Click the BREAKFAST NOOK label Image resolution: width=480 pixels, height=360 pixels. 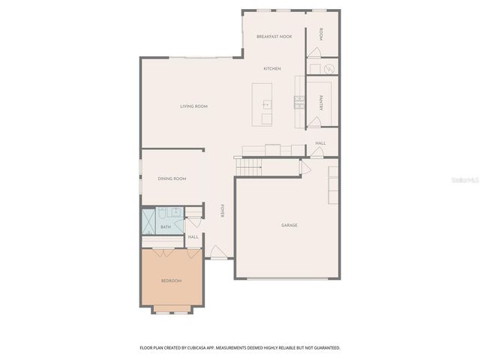point(274,37)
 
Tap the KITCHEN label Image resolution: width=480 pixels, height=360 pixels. point(272,69)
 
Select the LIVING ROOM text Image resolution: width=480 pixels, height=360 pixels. point(193,106)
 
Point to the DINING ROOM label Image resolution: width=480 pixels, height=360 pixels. point(172,178)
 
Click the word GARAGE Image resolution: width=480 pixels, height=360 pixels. point(289,225)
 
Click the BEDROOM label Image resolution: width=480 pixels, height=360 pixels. point(171,280)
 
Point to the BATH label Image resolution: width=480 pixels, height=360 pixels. point(166,226)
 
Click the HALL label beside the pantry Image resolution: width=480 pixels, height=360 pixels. point(321,143)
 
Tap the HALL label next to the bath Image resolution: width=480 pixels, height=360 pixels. point(193,237)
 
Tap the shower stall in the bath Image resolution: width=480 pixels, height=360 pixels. point(148,221)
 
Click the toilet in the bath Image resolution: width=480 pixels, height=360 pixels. point(172,212)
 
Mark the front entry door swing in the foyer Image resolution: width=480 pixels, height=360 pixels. point(216,252)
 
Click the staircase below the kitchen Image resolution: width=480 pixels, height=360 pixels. point(248,166)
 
